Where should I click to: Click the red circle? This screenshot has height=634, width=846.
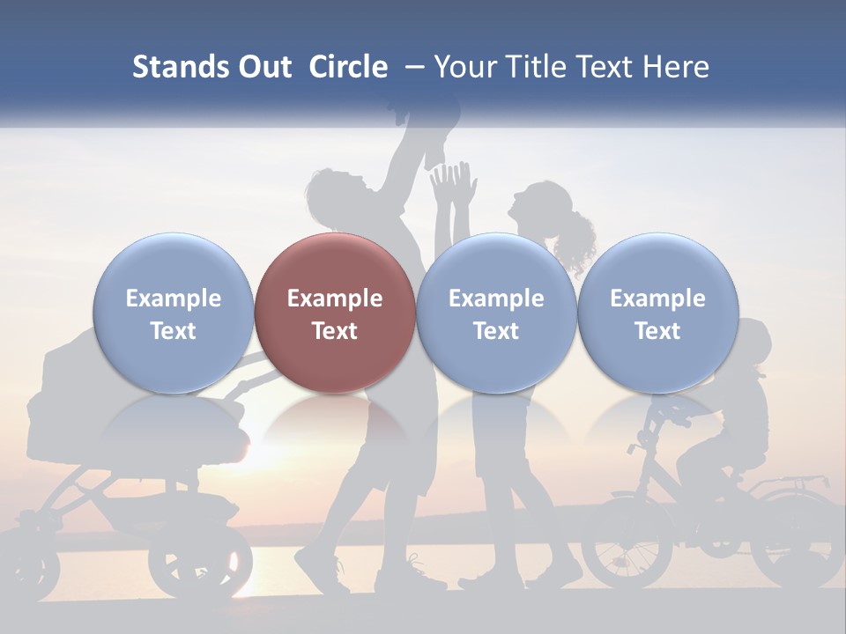tap(335, 313)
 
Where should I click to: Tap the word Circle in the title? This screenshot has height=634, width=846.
tap(348, 67)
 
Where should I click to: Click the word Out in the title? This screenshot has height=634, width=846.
tap(264, 67)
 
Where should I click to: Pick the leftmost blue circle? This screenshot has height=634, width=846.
tap(173, 313)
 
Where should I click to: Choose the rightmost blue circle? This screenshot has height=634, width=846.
tap(657, 313)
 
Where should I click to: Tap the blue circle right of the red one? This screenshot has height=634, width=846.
tap(496, 313)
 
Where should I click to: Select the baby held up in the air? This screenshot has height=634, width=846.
tap(432, 123)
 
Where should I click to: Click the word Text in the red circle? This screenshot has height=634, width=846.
tap(335, 331)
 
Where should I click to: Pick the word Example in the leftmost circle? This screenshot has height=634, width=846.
tap(173, 299)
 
